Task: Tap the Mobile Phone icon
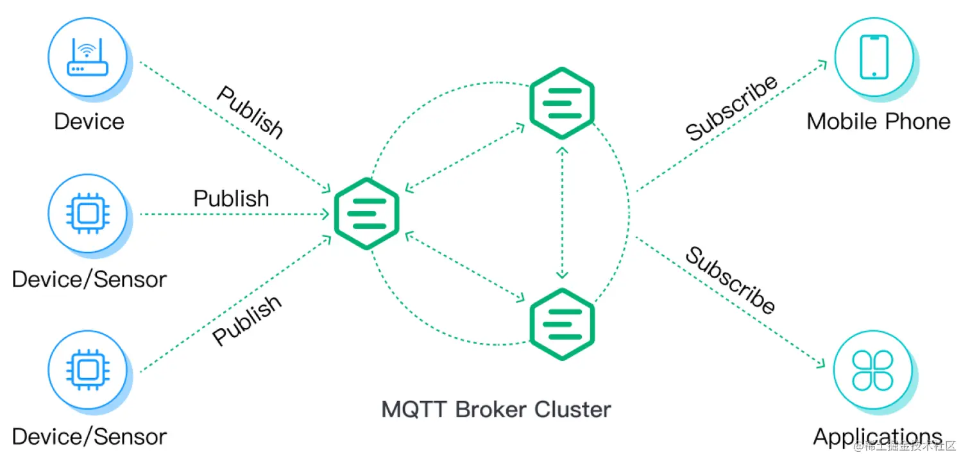tap(874, 57)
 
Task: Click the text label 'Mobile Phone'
tap(878, 121)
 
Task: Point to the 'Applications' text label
tap(878, 437)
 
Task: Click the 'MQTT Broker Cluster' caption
tap(496, 409)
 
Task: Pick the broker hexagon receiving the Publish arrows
tap(367, 213)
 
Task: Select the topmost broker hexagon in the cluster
tap(562, 103)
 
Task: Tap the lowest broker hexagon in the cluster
tap(562, 324)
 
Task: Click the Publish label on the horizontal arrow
tap(231, 198)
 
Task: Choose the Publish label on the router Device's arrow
tap(250, 113)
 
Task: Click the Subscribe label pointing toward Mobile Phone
tap(731, 108)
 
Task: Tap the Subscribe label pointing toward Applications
tap(730, 280)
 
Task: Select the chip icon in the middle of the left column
tap(89, 213)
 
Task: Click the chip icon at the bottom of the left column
tap(89, 370)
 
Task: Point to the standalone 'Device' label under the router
tap(89, 121)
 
